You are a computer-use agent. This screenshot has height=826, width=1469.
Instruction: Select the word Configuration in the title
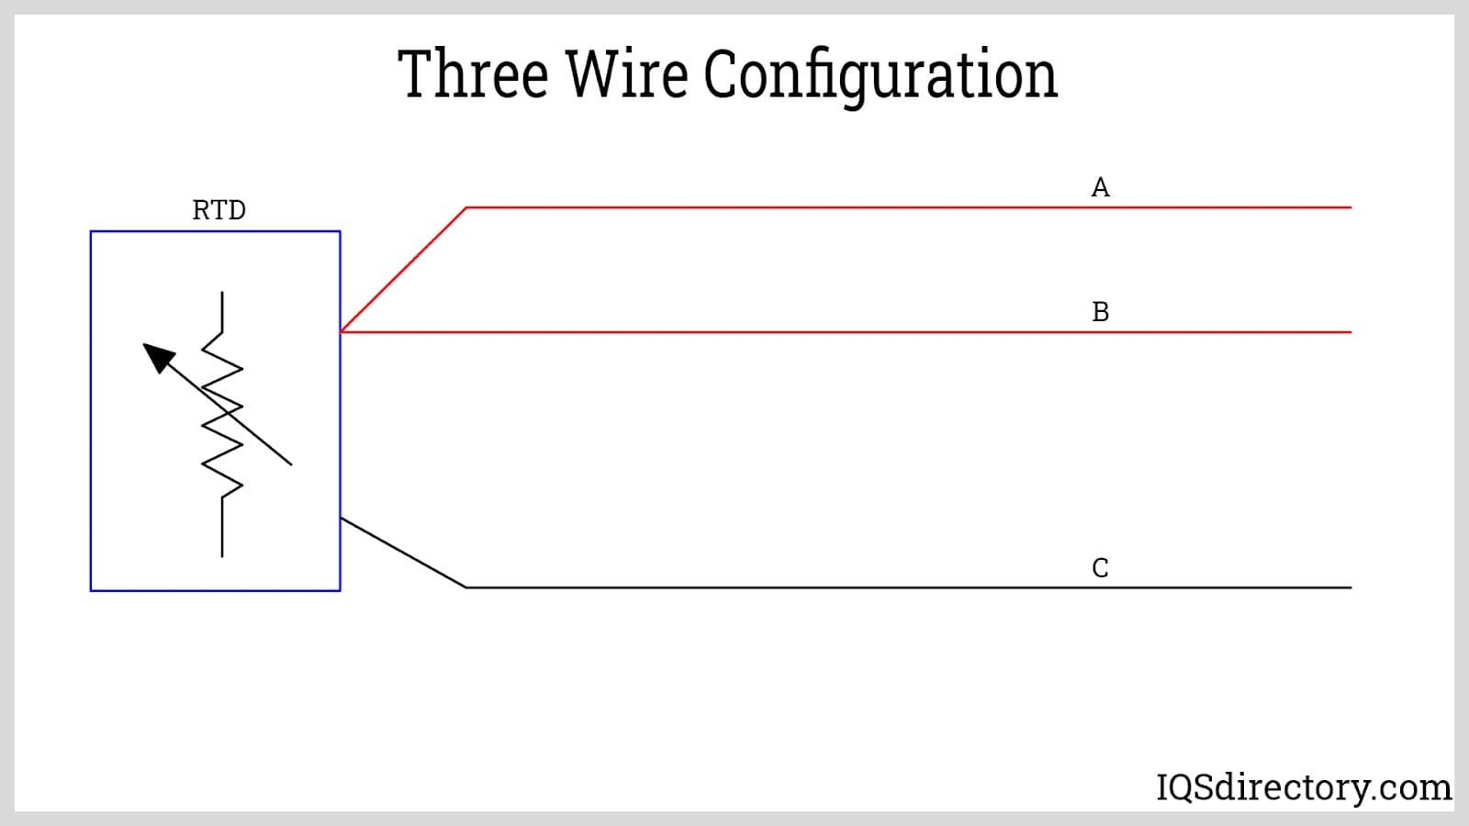[x=880, y=75]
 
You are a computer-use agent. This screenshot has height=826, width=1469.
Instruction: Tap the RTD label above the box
[x=219, y=210]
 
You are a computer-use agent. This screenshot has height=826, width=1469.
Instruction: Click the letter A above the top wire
[x=1100, y=187]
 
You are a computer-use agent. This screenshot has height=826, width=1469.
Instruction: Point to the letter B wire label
[x=1100, y=312]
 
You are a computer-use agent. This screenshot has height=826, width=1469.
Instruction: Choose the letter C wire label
[x=1100, y=568]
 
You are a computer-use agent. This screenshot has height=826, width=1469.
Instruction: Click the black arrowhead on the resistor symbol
[x=158, y=356]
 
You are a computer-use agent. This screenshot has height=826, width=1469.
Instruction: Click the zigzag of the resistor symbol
[x=222, y=413]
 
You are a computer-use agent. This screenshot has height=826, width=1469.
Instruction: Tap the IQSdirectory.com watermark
[x=1303, y=787]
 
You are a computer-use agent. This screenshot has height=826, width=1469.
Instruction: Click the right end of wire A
[x=1350, y=207]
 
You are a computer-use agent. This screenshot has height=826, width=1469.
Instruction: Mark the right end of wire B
[x=1350, y=331]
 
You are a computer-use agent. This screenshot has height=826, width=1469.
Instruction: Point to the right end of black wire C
[x=1350, y=587]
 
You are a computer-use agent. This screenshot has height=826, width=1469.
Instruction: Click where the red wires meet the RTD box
[x=341, y=331]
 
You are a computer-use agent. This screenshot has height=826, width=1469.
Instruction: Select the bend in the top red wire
[x=466, y=207]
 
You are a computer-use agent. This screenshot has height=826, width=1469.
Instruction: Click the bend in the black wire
[x=466, y=587]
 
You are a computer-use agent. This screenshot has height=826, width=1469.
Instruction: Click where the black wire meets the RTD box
[x=341, y=519]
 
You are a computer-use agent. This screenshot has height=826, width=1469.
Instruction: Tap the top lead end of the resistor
[x=222, y=294]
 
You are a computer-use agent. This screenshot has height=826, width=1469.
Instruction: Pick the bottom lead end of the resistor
[x=222, y=555]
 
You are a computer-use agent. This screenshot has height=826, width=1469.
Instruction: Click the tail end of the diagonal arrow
[x=291, y=464]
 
